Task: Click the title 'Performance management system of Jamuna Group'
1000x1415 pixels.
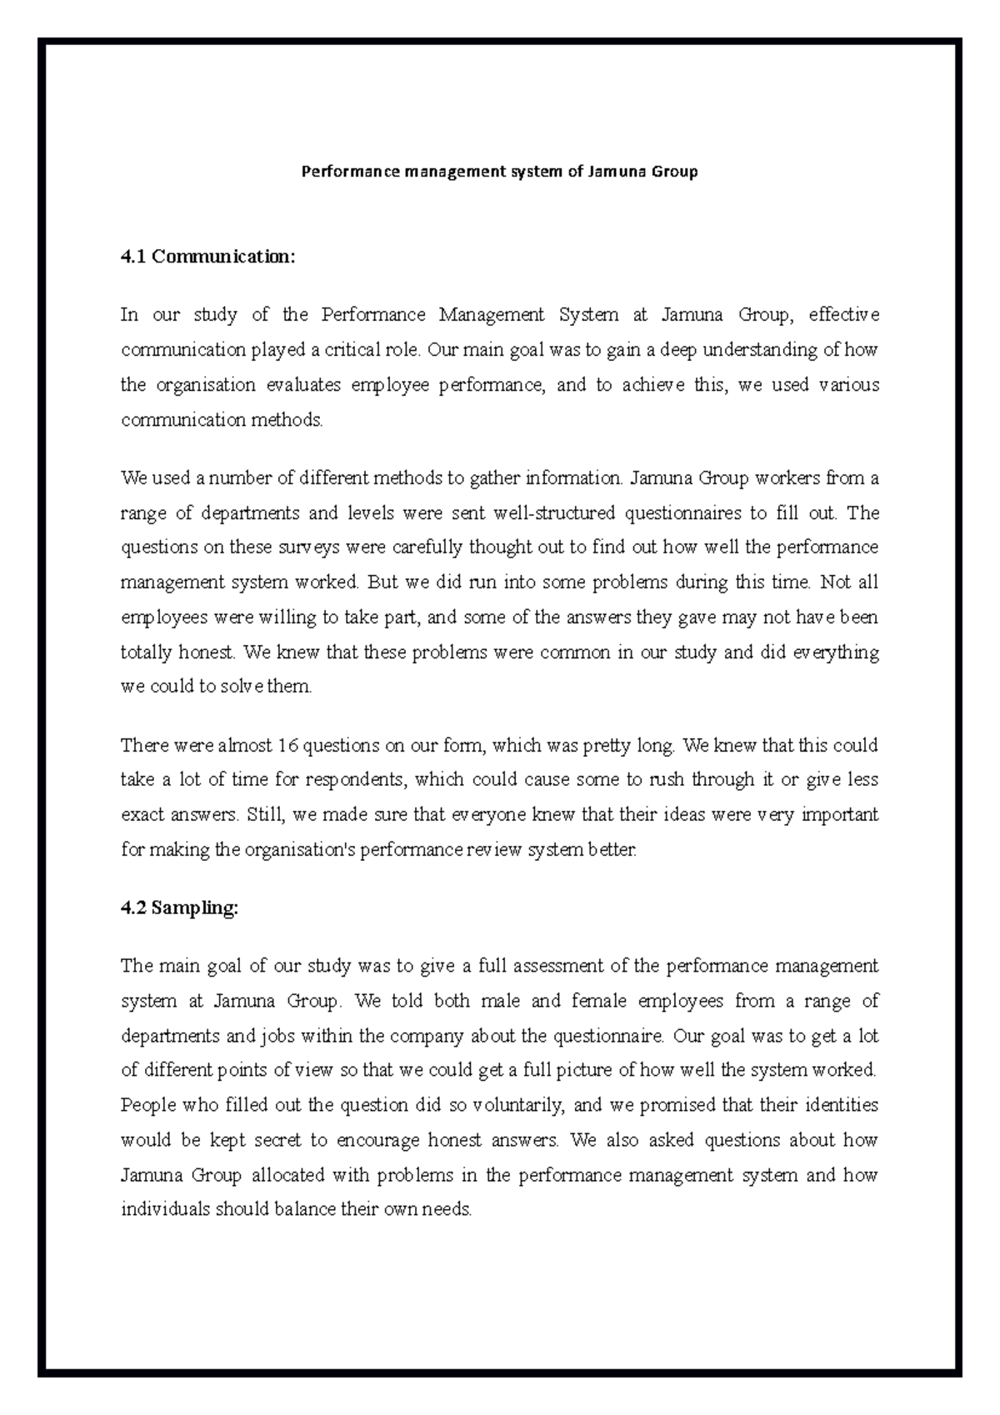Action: [x=498, y=172]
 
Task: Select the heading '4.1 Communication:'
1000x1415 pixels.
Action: [x=207, y=257]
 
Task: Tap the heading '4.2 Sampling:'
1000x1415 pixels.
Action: [x=179, y=908]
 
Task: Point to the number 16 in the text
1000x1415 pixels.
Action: [x=287, y=745]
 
